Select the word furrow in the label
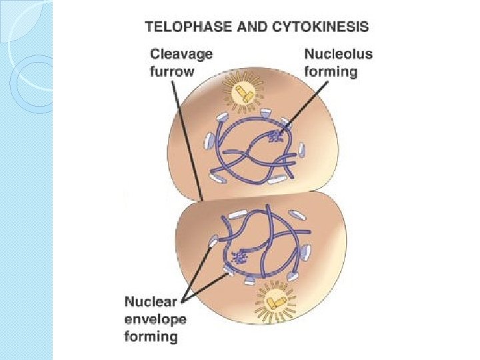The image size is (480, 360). [171, 70]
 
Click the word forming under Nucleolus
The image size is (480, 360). [330, 71]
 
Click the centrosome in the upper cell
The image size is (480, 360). [243, 96]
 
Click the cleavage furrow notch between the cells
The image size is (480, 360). [201, 199]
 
